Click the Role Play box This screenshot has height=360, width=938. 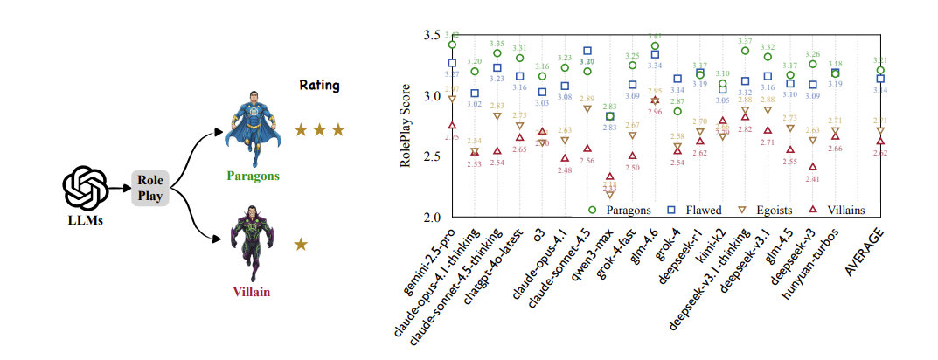tap(149, 188)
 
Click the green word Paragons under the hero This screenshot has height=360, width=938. tap(254, 176)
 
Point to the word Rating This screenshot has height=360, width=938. tap(318, 86)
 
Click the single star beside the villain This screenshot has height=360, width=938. tap(302, 245)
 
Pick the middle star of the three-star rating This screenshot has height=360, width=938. tap(319, 130)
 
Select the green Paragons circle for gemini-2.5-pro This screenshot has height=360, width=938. tap(452, 45)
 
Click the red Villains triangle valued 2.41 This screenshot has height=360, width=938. tap(813, 167)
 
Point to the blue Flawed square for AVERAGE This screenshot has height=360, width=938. tap(880, 79)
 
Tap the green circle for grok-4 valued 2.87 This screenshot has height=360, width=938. tap(677, 112)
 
